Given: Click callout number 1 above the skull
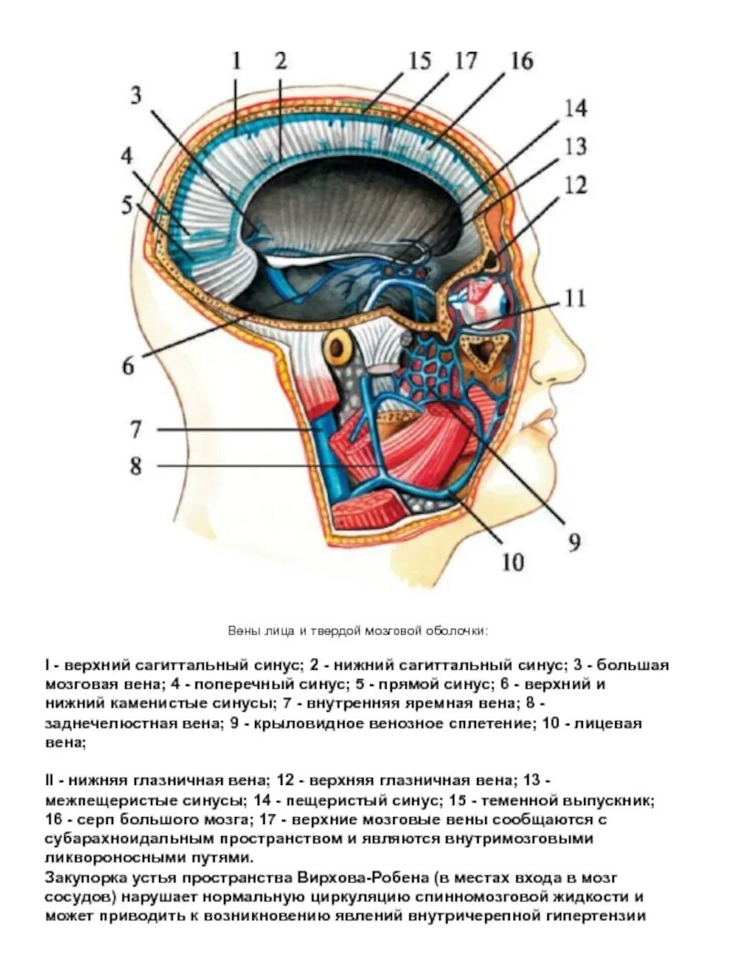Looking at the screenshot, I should [237, 62].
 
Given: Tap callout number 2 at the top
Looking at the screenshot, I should [281, 62].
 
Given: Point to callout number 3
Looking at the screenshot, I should [136, 95].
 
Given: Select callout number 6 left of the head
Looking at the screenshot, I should [129, 366].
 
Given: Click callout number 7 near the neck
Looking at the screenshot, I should [136, 429].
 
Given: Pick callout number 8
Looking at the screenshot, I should [136, 466].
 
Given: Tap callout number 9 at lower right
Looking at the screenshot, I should [574, 542].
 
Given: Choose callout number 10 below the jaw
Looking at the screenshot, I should [512, 561].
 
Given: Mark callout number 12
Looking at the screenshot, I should [574, 185].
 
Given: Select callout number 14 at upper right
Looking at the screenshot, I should [574, 108].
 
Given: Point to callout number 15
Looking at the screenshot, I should [419, 61].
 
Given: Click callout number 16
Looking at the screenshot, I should [521, 61].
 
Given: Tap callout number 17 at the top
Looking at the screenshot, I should [466, 61].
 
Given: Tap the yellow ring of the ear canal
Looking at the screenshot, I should [340, 346].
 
